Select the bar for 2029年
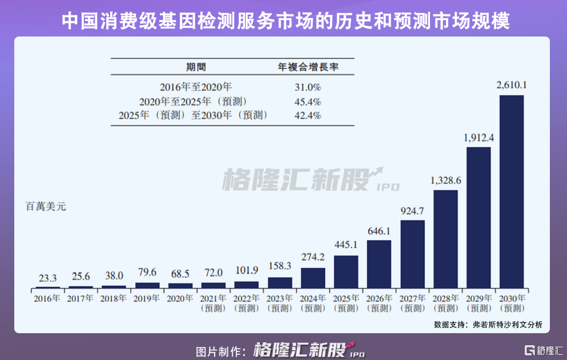point(478,217)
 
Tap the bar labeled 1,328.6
point(445,238)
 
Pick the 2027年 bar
point(412,253)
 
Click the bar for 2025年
point(346,271)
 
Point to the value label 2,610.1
point(512,86)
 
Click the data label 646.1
point(379,232)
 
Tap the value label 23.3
point(47,278)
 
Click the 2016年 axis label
point(47,298)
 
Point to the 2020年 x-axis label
point(180,298)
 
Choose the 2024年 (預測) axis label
point(313,303)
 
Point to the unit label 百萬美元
point(46,207)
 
